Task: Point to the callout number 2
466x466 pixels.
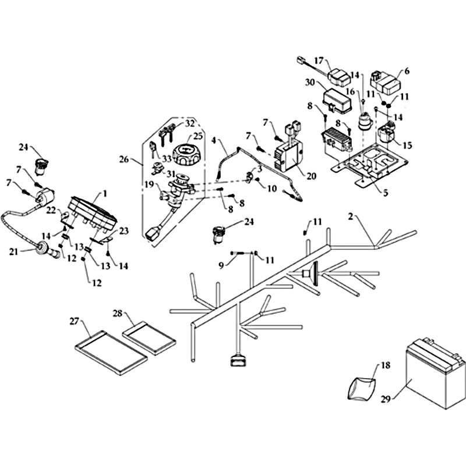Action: [x=351, y=217]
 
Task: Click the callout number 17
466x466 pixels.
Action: [x=319, y=61]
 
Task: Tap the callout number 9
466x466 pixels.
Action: [x=221, y=265]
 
